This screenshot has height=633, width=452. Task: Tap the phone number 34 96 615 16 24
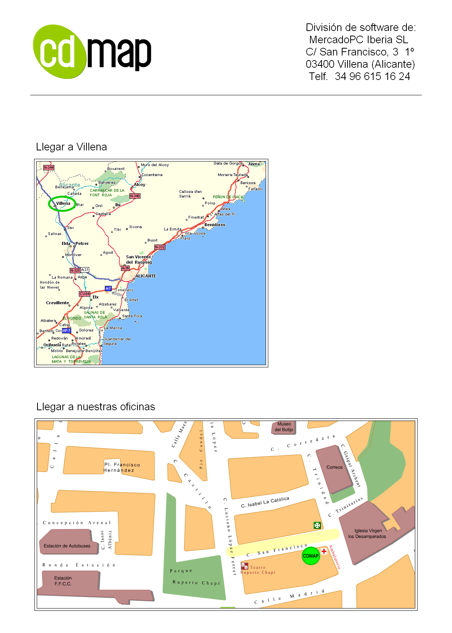point(372,77)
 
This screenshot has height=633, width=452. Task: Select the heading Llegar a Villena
point(71,147)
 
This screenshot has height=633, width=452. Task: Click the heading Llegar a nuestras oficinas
point(96,407)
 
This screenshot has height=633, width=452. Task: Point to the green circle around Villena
point(62,204)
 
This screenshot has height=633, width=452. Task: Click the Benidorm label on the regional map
point(215,225)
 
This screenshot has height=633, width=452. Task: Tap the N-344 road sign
point(49,168)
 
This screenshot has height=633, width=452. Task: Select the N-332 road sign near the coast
point(160,247)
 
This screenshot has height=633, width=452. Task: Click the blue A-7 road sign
point(108,289)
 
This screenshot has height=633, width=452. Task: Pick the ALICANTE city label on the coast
point(146,276)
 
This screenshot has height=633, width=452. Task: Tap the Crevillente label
point(57,303)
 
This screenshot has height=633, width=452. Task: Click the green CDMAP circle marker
point(311,556)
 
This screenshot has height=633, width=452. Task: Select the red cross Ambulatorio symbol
point(324,551)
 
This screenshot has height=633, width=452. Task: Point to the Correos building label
point(335,467)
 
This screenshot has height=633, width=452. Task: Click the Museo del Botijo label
point(284,427)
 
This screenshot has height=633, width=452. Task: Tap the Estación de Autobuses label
point(67,546)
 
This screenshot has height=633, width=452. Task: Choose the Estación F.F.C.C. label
point(63,581)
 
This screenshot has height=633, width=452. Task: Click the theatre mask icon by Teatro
point(245,566)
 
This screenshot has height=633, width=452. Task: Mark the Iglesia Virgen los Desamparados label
point(367,533)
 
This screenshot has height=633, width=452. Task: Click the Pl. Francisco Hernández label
point(122,467)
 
